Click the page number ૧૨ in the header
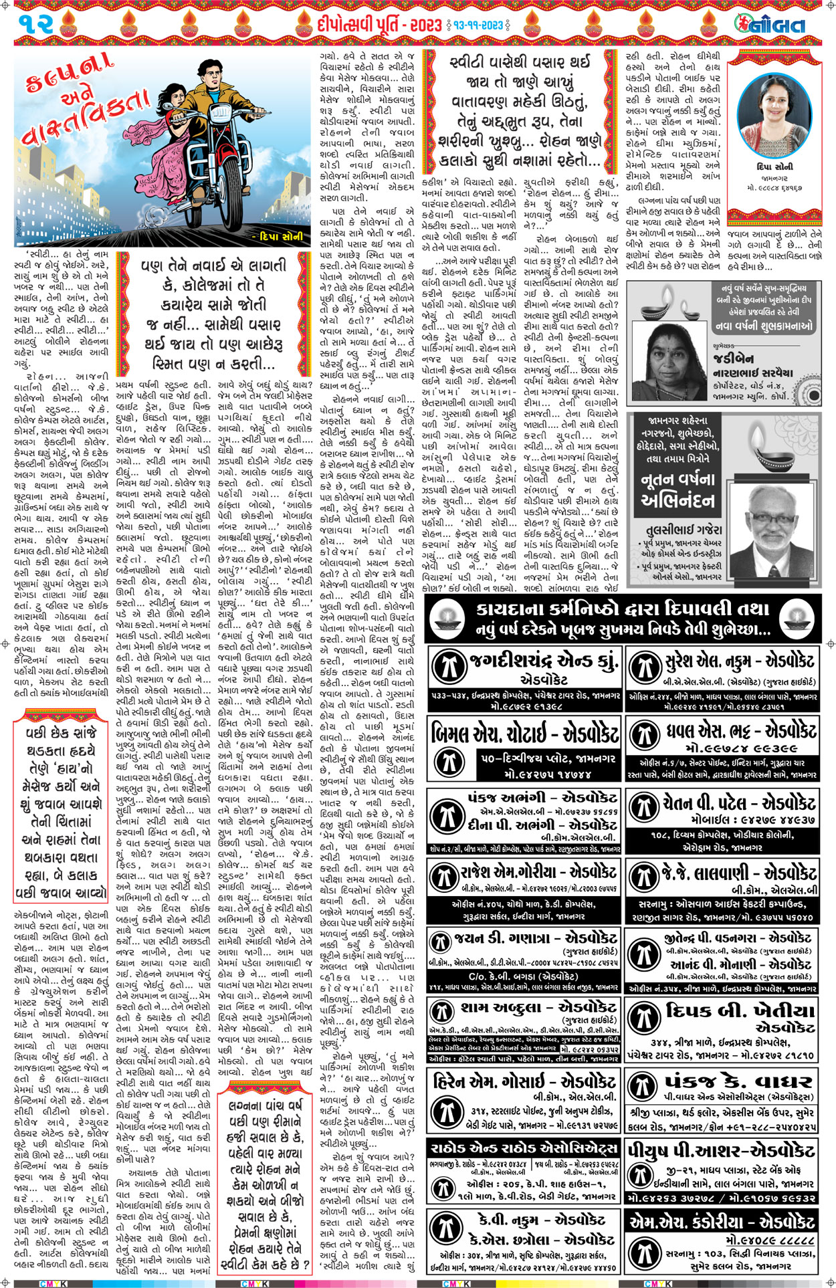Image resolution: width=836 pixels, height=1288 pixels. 41,25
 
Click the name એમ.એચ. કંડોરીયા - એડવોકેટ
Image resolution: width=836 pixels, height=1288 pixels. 722,1222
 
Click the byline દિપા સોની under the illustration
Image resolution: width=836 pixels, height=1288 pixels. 282,236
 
